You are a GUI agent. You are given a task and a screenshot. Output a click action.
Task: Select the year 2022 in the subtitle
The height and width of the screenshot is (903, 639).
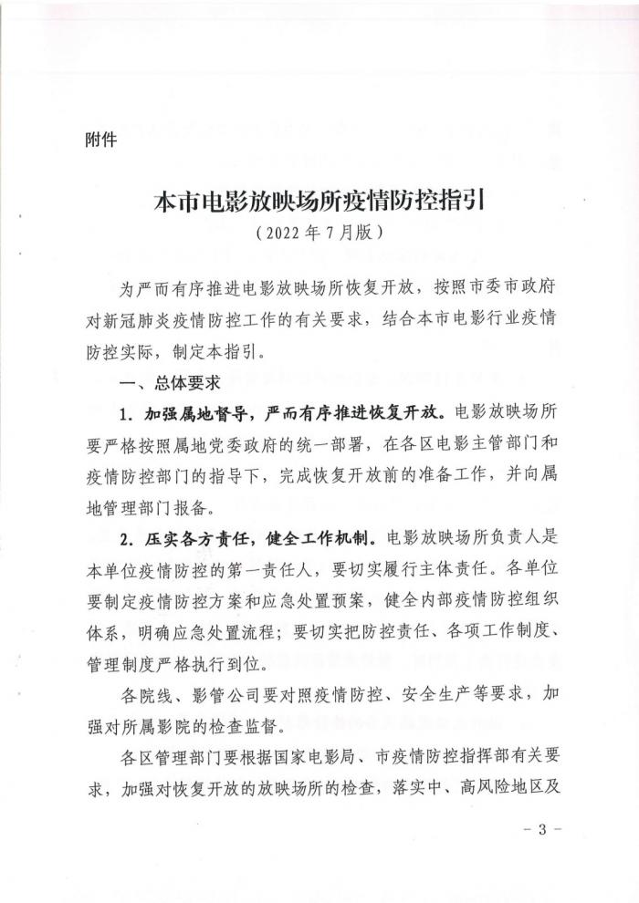[x=286, y=233]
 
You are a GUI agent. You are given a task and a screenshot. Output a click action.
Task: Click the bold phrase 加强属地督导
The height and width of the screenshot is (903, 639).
[x=192, y=413]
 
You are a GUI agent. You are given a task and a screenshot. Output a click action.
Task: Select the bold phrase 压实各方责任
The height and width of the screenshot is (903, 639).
[x=192, y=537]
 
